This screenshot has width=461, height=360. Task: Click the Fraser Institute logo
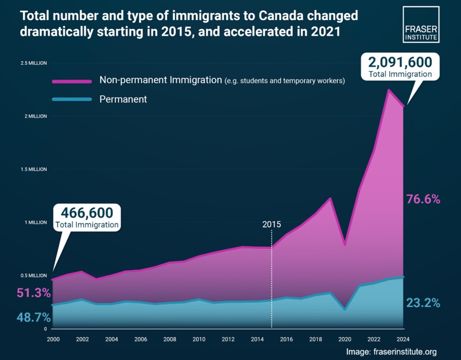click(421, 24)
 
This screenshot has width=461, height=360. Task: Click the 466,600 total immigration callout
click(87, 217)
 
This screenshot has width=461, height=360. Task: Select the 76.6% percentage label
click(423, 199)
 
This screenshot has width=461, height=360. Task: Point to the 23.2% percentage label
click(423, 303)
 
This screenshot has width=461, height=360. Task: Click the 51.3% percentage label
click(33, 293)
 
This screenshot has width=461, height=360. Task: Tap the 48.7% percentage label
click(33, 317)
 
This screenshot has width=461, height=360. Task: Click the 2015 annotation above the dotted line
click(271, 224)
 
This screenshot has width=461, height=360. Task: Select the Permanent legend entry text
click(123, 99)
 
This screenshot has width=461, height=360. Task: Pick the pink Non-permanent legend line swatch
click(72, 81)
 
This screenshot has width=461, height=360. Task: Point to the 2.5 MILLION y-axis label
click(33, 63)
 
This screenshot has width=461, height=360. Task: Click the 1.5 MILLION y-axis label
click(33, 170)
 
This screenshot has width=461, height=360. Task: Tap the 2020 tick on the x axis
click(345, 339)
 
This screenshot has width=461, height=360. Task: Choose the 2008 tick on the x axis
click(170, 339)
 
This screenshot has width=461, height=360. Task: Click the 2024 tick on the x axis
click(403, 339)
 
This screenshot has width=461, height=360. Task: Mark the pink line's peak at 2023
click(389, 90)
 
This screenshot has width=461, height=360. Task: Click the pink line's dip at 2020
click(345, 244)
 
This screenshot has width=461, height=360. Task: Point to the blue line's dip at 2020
click(345, 309)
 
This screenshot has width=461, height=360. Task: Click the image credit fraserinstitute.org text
click(391, 352)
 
